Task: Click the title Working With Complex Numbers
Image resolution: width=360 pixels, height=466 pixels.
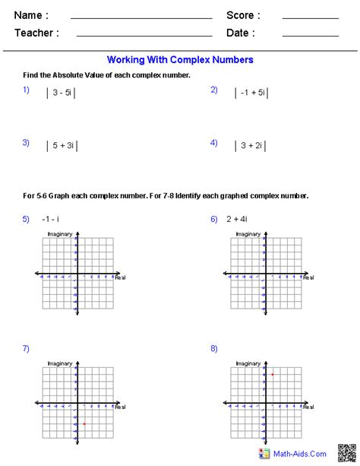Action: click(x=180, y=59)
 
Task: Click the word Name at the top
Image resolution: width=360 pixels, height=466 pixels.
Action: click(x=30, y=15)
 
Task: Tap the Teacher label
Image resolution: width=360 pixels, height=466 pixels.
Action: click(x=36, y=33)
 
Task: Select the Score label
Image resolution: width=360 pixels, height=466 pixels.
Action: click(x=243, y=15)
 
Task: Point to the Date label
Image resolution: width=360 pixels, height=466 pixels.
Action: click(x=240, y=33)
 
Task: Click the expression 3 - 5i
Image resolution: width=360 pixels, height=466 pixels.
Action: click(x=61, y=93)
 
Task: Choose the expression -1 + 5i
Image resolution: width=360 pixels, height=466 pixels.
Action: click(x=251, y=93)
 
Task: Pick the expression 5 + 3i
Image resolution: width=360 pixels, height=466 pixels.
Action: click(x=61, y=145)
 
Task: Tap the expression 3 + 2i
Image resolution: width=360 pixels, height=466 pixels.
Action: click(x=250, y=145)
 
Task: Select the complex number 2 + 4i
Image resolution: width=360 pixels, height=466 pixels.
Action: click(x=238, y=219)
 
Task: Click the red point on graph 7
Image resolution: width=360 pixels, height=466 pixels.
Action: click(x=84, y=423)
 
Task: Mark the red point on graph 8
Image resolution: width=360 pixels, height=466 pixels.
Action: click(x=272, y=375)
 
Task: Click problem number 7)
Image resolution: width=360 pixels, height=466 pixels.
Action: click(x=26, y=348)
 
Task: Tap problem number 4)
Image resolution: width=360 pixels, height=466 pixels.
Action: click(x=214, y=142)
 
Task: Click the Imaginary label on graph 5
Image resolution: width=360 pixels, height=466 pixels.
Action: click(x=59, y=233)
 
